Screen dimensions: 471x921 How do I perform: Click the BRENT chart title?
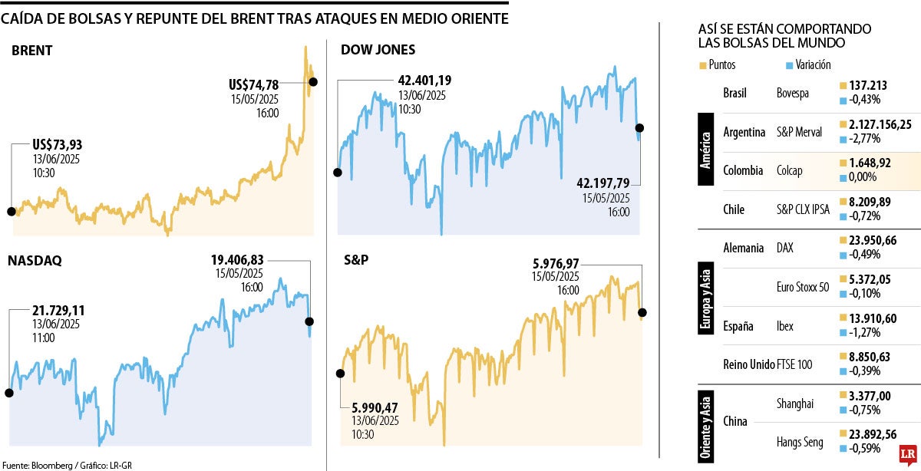click(31, 51)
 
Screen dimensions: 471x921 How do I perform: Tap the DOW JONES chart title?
click(378, 50)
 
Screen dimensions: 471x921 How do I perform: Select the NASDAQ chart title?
click(35, 261)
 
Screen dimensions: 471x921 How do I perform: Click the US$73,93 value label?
click(58, 145)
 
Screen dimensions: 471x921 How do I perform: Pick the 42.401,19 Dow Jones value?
click(424, 80)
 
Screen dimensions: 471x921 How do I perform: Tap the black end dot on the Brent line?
click(312, 81)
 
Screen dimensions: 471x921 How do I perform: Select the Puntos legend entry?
click(718, 65)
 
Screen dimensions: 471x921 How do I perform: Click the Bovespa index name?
click(795, 93)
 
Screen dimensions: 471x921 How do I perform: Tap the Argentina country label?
click(744, 132)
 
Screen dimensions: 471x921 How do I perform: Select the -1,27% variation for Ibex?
click(864, 332)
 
